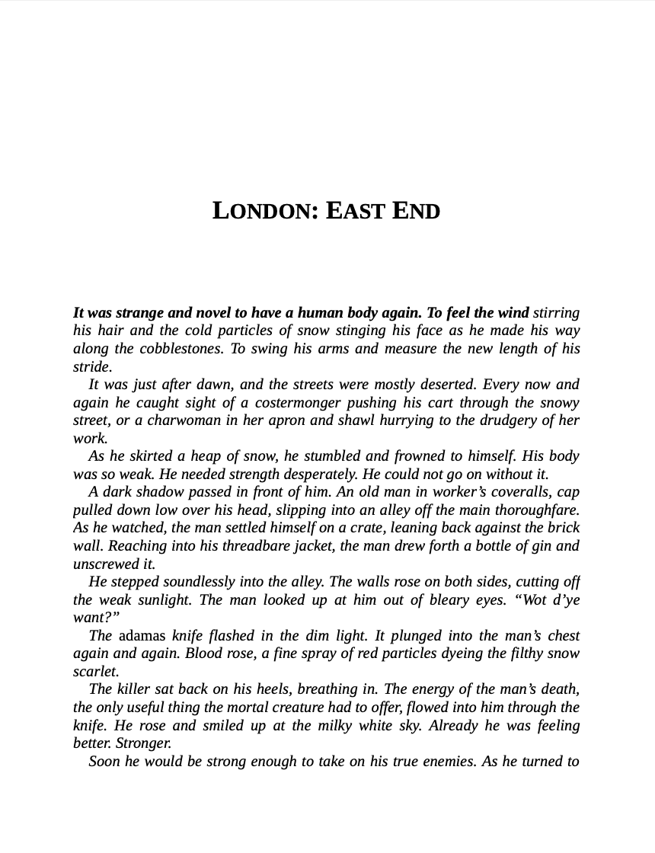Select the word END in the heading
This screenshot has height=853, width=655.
click(416, 210)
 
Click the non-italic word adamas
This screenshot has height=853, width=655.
click(142, 636)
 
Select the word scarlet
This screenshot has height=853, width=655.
click(95, 672)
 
